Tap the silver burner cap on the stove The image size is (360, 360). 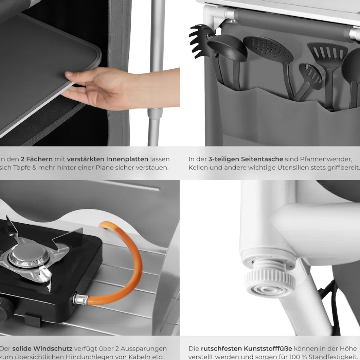tap(29, 254)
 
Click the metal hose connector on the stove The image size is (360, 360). tap(80, 299)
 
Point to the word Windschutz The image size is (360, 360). tap(54, 349)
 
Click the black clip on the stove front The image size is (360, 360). tap(33, 320)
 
